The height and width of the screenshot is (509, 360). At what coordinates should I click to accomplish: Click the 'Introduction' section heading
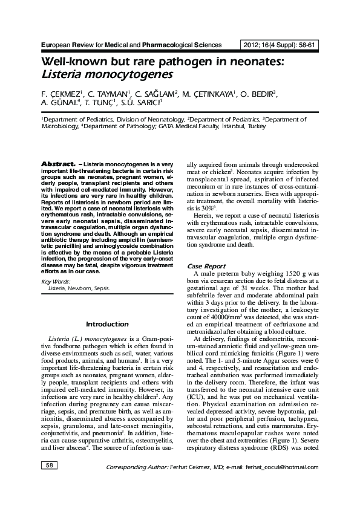tap(106, 324)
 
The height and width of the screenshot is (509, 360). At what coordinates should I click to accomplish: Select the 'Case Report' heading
tap(206, 266)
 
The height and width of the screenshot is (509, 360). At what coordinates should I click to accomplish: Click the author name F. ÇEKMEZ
tap(59, 94)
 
